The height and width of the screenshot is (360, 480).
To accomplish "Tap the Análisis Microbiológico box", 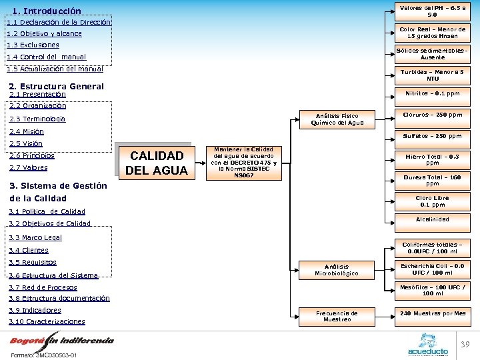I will [x=337, y=269].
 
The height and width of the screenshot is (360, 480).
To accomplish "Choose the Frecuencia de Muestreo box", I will [x=337, y=316].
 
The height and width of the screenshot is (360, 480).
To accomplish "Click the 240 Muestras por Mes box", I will [x=433, y=313].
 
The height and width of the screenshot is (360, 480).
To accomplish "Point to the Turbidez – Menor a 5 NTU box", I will [x=433, y=75].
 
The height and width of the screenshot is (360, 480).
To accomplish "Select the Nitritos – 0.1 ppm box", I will [x=433, y=94].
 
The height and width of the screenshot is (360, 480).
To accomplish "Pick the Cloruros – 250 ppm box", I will [x=433, y=115].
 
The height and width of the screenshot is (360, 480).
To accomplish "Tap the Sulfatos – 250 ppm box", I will [x=433, y=136].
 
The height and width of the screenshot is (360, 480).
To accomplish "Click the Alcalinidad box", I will [x=433, y=219].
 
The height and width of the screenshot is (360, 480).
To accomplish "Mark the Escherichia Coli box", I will [x=433, y=269].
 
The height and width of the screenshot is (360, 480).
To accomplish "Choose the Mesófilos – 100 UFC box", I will [x=433, y=290].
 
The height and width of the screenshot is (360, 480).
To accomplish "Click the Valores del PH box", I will [x=433, y=10].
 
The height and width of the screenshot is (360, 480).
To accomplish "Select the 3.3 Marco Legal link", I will [x=35, y=237].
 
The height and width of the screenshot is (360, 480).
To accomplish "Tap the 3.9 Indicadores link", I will [x=35, y=310].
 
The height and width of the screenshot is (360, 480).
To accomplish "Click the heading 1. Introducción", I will [x=47, y=11].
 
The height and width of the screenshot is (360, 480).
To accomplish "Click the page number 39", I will [x=466, y=344].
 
